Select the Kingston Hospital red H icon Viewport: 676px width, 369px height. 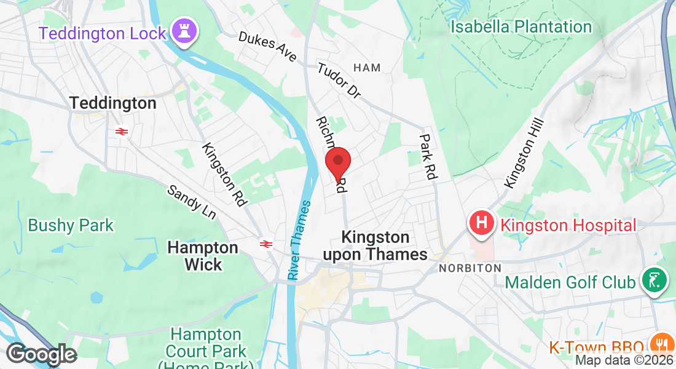pos(482,223)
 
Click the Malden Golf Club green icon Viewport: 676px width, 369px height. pos(655,280)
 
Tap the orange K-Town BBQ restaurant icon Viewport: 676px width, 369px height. pos(661,346)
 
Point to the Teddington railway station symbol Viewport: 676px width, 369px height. pos(120,130)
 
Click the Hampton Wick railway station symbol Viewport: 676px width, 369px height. pos(266,244)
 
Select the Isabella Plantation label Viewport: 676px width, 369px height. pos(521,26)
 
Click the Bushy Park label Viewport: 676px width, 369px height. pos(71,225)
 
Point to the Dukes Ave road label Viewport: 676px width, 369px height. pos(267,47)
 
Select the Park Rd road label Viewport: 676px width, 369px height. pos(427,157)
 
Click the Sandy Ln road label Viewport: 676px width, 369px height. pos(192,202)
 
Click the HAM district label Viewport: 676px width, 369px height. pos(367,68)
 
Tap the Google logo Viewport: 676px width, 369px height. pos(41,354)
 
